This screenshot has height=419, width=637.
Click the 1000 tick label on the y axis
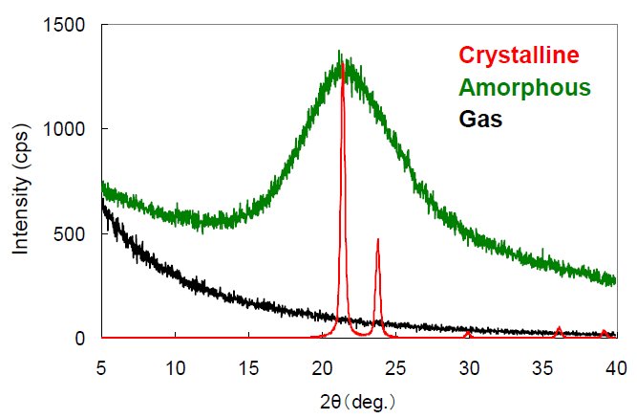pos(67,129)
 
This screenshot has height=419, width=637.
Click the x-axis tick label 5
pos(101,365)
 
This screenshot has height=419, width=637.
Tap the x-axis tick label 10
pos(175,365)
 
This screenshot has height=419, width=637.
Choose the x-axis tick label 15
pos(248,365)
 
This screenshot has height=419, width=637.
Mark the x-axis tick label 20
pos(322,365)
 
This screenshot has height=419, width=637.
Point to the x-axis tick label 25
pos(395,365)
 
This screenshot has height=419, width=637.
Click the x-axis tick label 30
pos(469,365)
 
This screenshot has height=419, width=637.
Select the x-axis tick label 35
pos(542,365)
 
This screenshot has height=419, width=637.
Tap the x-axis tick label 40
pos(616,365)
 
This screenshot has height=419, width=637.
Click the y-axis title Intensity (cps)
pos(20,182)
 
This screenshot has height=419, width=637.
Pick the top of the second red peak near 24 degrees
pos(378,240)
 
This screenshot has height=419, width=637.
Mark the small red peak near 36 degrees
pos(559,328)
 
